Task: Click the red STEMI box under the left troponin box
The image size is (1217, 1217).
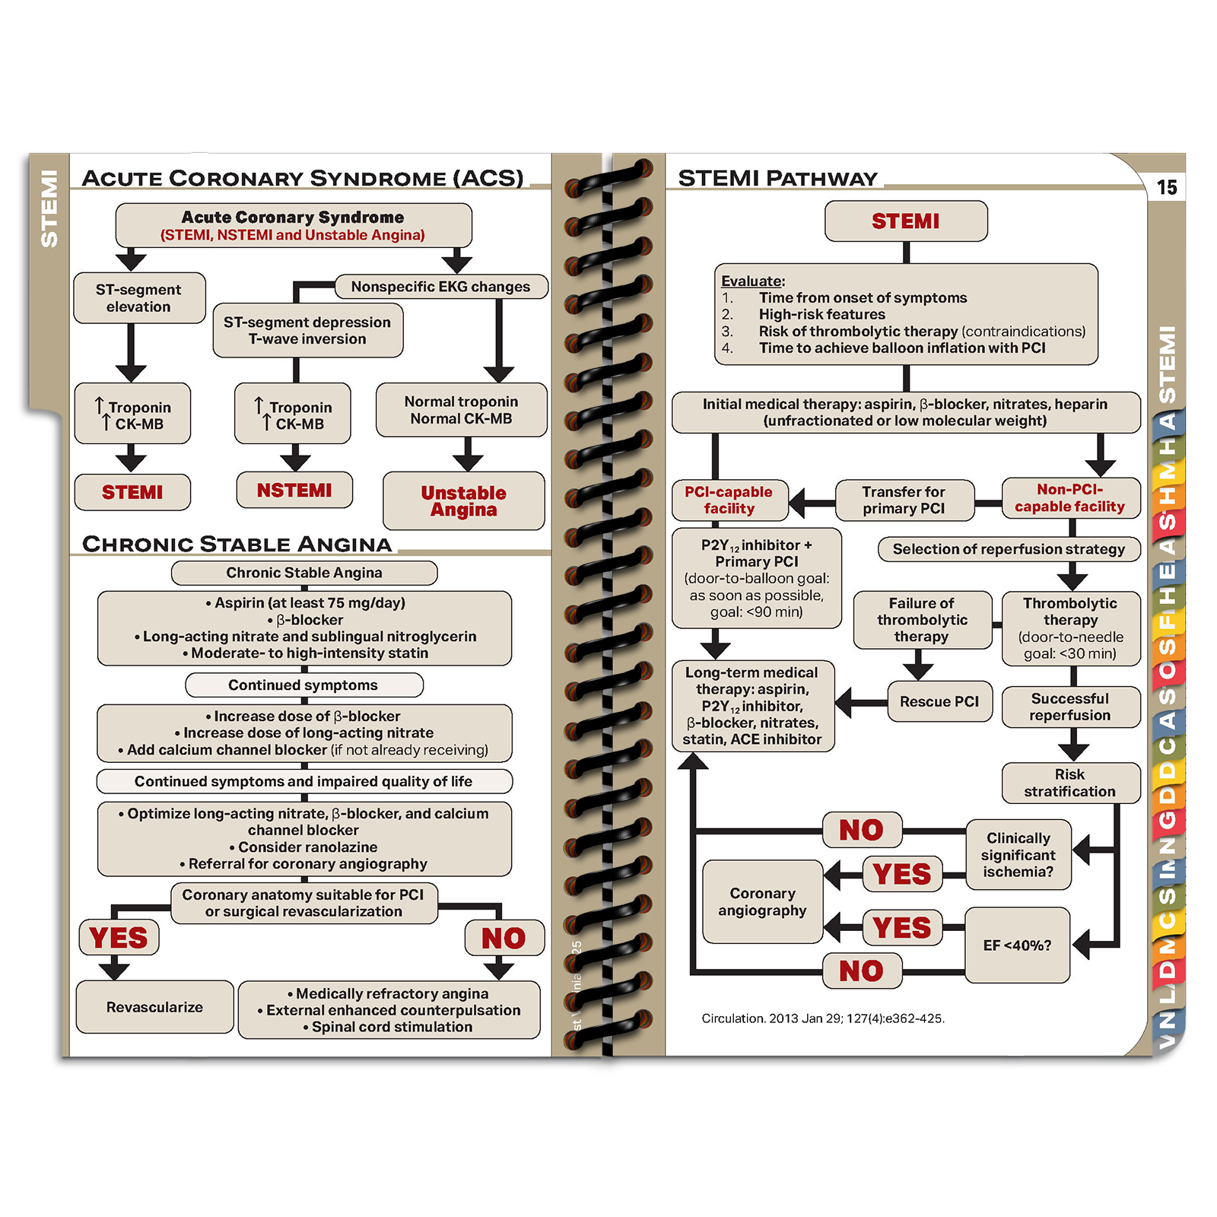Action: point(132,492)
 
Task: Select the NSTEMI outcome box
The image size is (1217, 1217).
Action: point(294,491)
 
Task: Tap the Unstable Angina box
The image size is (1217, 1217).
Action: point(463,501)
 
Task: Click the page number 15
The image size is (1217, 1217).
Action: point(1166,187)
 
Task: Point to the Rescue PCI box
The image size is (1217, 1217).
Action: point(939,701)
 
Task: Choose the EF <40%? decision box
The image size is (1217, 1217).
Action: point(1017,945)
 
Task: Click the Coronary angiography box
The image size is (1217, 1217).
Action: point(762,902)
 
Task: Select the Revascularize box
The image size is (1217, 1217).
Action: point(154,1007)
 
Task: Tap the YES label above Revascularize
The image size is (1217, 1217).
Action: point(119,938)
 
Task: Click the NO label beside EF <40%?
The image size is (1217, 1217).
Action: point(862,971)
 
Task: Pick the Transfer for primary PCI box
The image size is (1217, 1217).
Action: point(904,500)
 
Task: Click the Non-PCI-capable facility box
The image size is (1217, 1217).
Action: point(1069,498)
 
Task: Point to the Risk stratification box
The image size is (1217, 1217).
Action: point(1069,783)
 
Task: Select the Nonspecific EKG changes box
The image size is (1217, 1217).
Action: point(440,287)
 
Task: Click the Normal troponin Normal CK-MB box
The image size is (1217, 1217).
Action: point(461,410)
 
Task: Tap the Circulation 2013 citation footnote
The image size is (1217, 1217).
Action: point(823,1018)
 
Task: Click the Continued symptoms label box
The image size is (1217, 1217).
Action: point(303,685)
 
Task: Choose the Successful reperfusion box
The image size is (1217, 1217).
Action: point(1069,707)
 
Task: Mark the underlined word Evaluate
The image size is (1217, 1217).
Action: point(752,281)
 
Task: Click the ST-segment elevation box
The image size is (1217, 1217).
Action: point(138,298)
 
